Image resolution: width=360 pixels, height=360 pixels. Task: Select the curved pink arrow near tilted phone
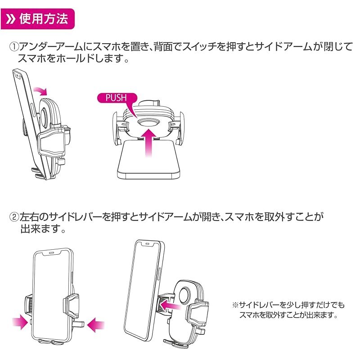point(40,90)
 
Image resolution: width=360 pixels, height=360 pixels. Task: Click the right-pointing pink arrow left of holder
point(19,322)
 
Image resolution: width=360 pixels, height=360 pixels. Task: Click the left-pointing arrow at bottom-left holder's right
point(95,324)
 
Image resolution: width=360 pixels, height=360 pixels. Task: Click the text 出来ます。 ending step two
point(43,229)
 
